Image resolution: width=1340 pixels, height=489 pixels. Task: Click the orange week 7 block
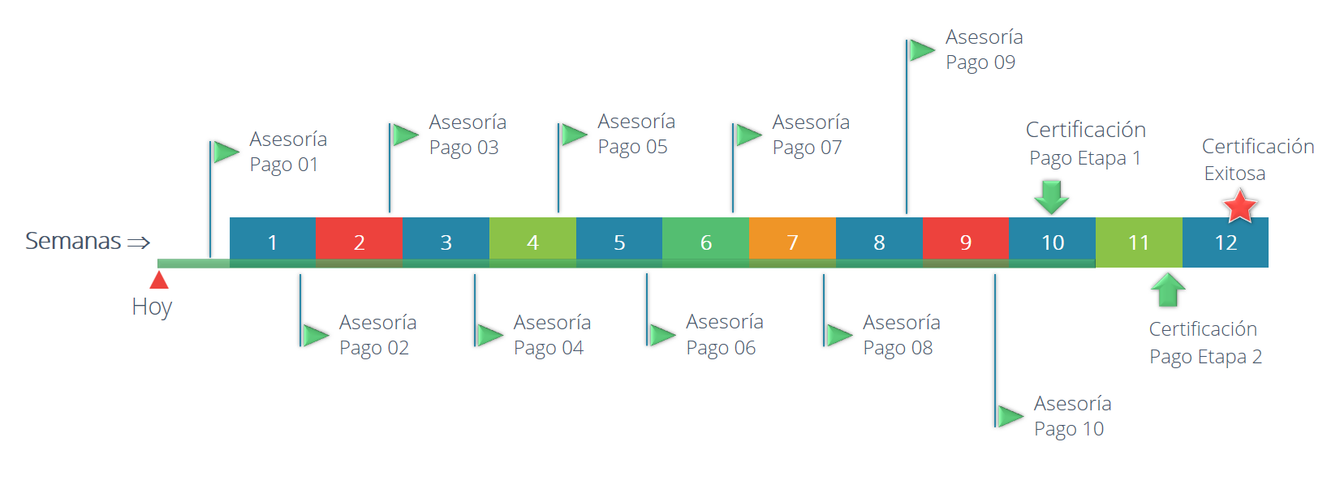pyautogui.click(x=792, y=242)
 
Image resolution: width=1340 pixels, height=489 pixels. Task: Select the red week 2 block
pyautogui.click(x=359, y=242)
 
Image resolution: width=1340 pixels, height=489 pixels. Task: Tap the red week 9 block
pyautogui.click(x=966, y=242)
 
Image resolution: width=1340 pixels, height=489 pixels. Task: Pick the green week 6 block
pyautogui.click(x=705, y=242)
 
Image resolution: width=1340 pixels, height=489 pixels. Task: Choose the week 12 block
pyautogui.click(x=1225, y=242)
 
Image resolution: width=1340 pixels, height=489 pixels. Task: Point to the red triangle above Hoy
pyautogui.click(x=158, y=280)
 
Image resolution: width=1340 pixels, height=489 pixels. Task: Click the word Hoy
pyautogui.click(x=152, y=307)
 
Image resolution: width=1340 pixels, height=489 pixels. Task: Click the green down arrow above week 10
pyautogui.click(x=1051, y=197)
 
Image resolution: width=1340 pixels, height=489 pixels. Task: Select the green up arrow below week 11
pyautogui.click(x=1168, y=290)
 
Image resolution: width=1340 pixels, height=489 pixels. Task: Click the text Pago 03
pyautogui.click(x=463, y=148)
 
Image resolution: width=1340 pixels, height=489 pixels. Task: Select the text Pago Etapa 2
pyautogui.click(x=1205, y=357)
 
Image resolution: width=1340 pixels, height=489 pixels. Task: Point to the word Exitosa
pyautogui.click(x=1234, y=174)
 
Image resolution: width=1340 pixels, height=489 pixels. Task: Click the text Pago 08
pyautogui.click(x=898, y=348)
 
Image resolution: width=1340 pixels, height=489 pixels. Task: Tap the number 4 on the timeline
pyautogui.click(x=532, y=242)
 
